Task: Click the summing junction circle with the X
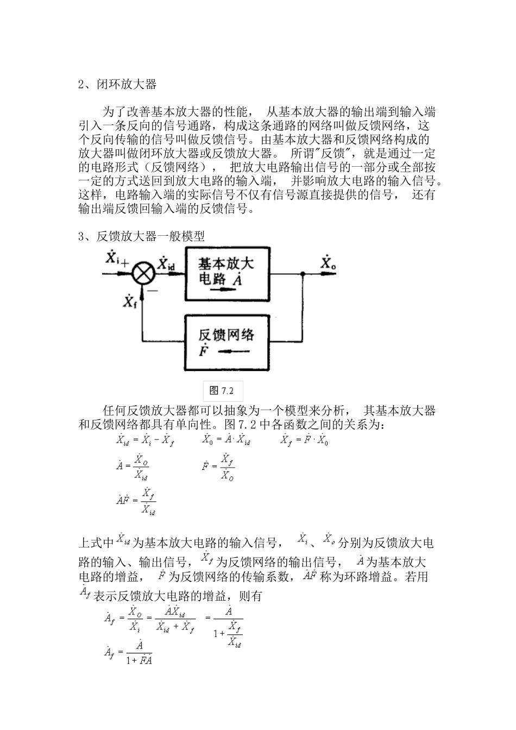[143, 274]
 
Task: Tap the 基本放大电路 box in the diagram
[228, 273]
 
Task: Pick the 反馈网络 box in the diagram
[228, 342]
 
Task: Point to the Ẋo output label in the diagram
[327, 263]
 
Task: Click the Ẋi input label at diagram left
[112, 257]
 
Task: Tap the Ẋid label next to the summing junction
[166, 264]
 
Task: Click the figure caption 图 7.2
[221, 391]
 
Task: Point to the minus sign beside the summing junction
[153, 290]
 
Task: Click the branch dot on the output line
[303, 274]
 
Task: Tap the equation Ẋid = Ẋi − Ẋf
[145, 440]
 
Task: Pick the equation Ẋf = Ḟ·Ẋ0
[304, 440]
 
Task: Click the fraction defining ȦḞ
[136, 501]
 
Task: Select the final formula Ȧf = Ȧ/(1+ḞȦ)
[128, 652]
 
